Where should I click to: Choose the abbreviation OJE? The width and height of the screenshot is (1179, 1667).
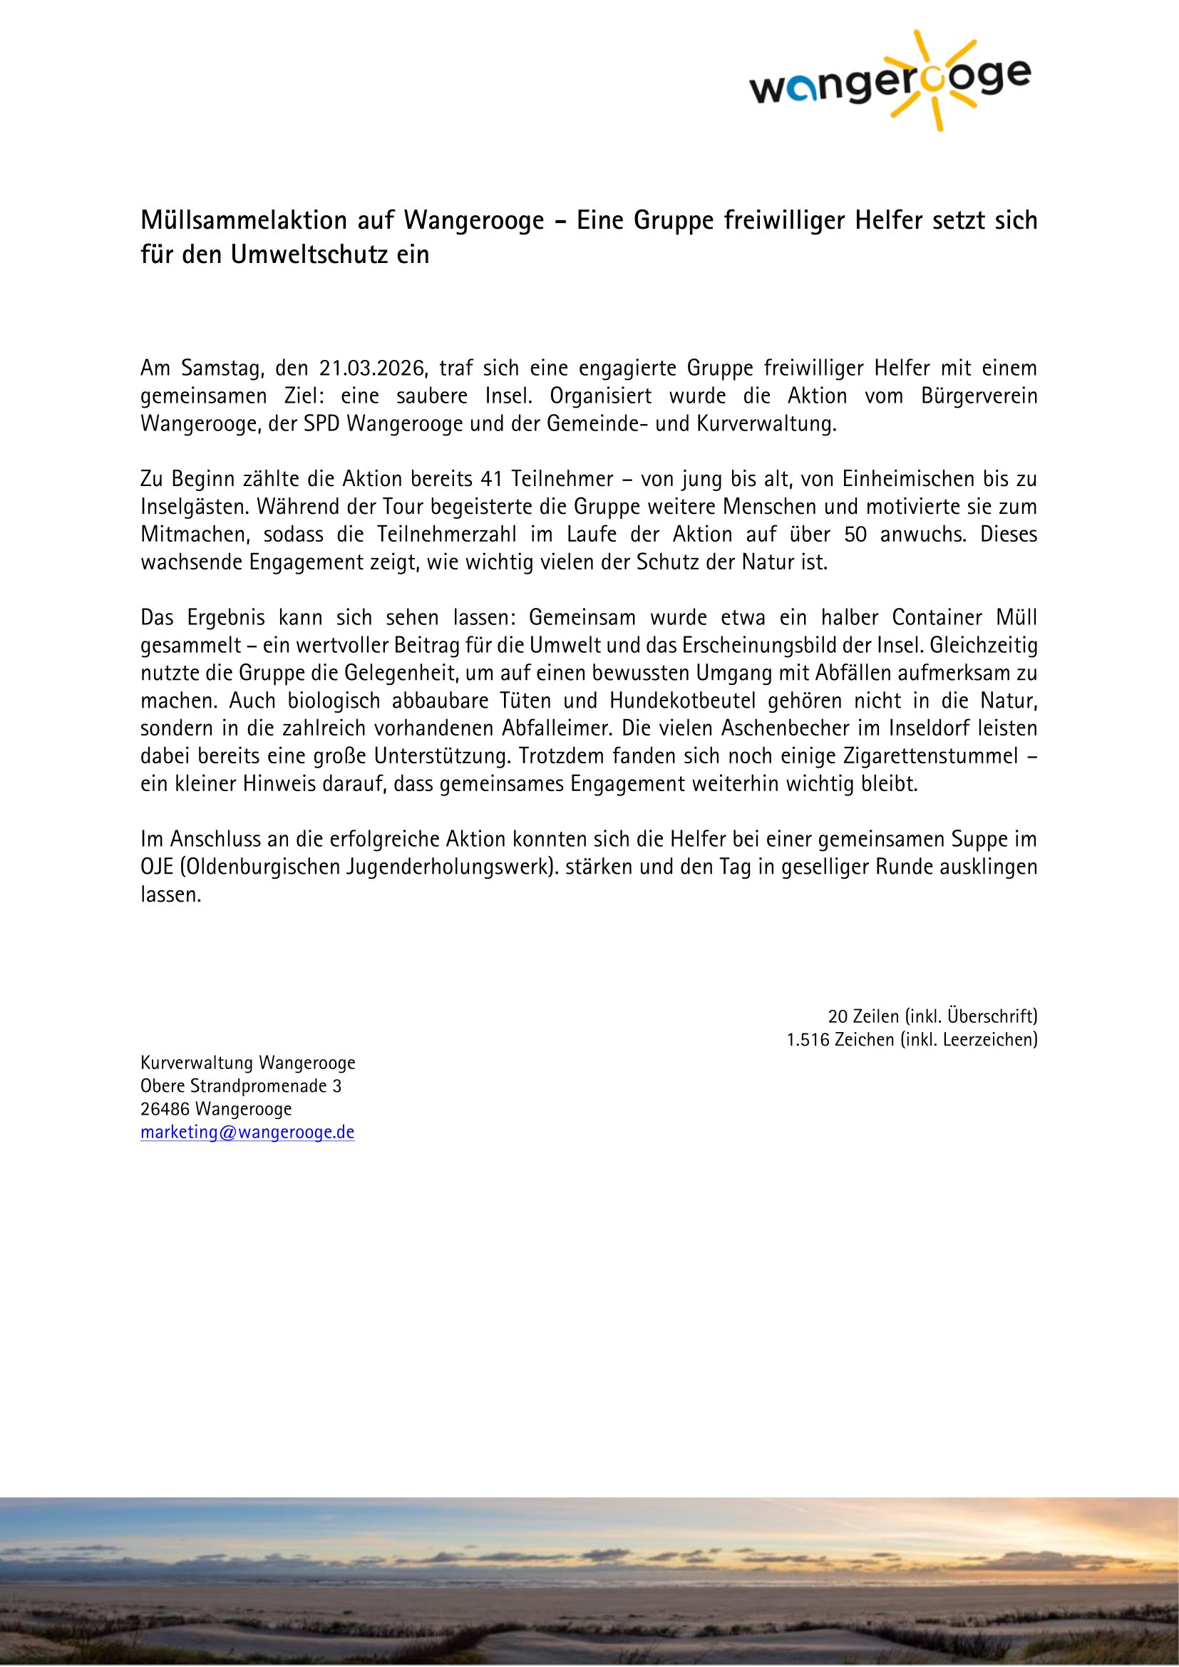pos(153,867)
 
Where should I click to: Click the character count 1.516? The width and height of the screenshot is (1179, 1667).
pos(808,1040)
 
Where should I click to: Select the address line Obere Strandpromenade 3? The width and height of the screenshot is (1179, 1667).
pos(241,1086)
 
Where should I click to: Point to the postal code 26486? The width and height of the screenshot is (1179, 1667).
pos(165,1110)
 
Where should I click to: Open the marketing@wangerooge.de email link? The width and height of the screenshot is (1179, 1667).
pos(247,1132)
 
